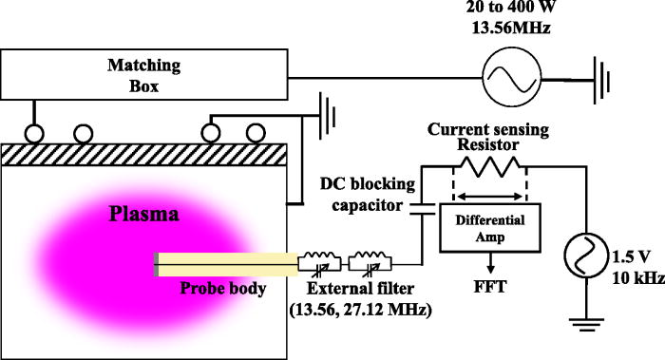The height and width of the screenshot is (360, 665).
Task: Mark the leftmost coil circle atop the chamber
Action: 37,130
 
